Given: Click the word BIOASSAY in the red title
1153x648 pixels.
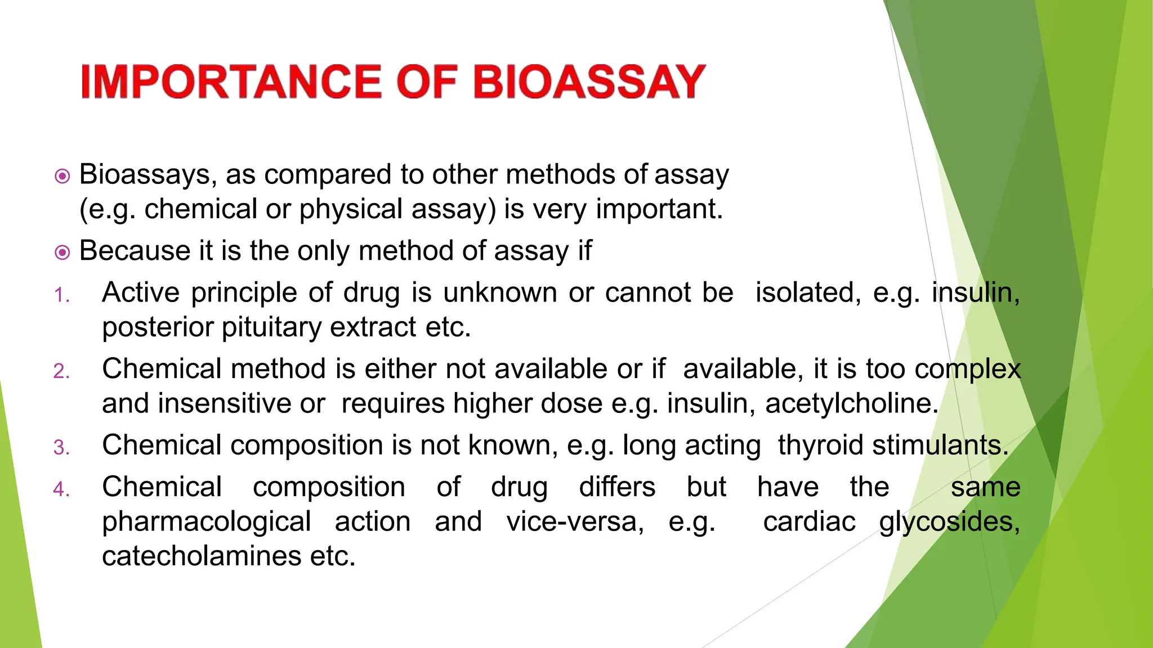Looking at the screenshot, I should point(589,82).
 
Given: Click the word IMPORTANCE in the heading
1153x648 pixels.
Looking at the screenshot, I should point(231,82).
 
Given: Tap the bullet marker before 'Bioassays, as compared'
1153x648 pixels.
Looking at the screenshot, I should point(62,176).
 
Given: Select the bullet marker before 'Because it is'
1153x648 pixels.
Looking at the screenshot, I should point(62,252).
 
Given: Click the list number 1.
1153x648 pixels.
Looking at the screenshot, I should point(61,295).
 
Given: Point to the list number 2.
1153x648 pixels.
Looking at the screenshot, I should point(61,371).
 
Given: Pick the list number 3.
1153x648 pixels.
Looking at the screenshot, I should point(61,447).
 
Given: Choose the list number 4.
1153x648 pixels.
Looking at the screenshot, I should point(61,489).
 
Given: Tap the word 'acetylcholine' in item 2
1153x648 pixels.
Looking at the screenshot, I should point(851,403).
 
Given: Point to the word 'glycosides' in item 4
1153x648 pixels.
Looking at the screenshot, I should point(949,521).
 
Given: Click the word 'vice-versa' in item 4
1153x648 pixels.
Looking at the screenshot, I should point(574,521).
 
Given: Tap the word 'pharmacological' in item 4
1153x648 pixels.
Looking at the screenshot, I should point(206,521).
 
